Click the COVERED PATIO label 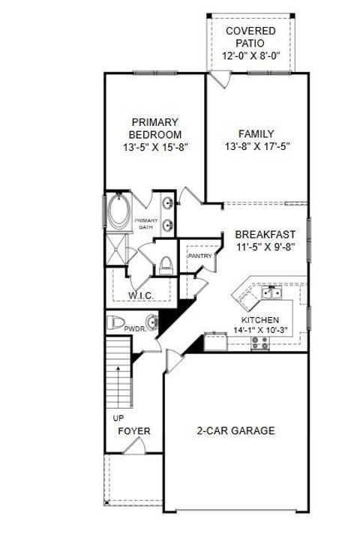[x=250, y=37]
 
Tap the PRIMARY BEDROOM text [x=155, y=128]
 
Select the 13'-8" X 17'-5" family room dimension [x=256, y=148]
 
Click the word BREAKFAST [x=265, y=234]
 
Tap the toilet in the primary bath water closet [x=166, y=264]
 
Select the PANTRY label [x=199, y=256]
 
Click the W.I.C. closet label [x=141, y=295]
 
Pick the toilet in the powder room [x=115, y=323]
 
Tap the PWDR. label [x=134, y=328]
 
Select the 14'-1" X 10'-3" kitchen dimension [x=259, y=328]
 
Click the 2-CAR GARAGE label [x=235, y=430]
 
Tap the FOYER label [x=134, y=431]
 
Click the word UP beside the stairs [x=118, y=418]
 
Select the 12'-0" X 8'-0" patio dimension [x=250, y=56]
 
